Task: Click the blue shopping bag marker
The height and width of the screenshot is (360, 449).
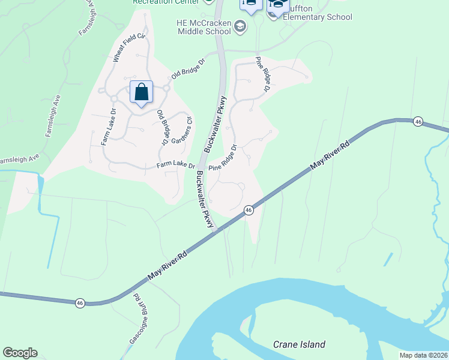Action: [x=141, y=93]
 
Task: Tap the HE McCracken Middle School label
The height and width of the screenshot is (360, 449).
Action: [x=203, y=26]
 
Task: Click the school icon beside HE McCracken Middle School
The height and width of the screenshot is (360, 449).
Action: [x=240, y=26]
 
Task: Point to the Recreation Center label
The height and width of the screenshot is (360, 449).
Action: [x=165, y=2]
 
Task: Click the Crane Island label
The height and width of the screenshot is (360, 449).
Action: [x=299, y=344]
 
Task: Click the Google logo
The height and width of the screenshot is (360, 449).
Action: [x=20, y=353]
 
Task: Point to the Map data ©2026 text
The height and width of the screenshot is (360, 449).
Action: [x=423, y=355]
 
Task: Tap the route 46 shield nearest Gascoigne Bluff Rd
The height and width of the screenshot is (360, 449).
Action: [x=80, y=303]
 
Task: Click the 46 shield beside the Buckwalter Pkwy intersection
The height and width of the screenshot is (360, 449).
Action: [x=248, y=210]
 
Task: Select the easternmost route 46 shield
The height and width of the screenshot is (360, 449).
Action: [x=418, y=122]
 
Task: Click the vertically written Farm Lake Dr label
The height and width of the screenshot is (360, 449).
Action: [x=109, y=127]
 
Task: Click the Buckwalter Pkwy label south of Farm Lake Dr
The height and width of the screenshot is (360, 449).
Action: [x=205, y=200]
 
